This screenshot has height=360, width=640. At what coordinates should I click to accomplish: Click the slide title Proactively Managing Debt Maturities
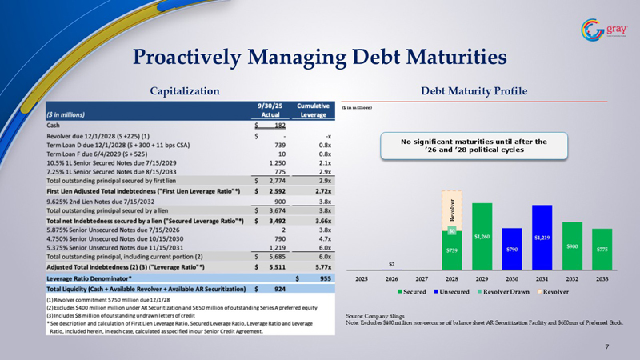(x=319, y=57)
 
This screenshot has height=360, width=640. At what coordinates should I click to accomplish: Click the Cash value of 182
(x=270, y=126)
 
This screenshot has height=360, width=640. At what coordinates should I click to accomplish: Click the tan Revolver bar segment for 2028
(x=451, y=210)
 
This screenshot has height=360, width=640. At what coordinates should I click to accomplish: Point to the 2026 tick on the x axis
(x=391, y=278)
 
